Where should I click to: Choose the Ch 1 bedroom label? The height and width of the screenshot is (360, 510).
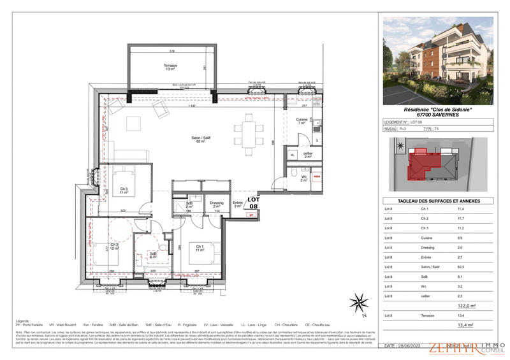point(199,248)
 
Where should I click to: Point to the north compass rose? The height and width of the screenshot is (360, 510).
point(361,303)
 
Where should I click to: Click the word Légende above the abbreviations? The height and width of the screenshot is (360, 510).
point(24,321)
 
